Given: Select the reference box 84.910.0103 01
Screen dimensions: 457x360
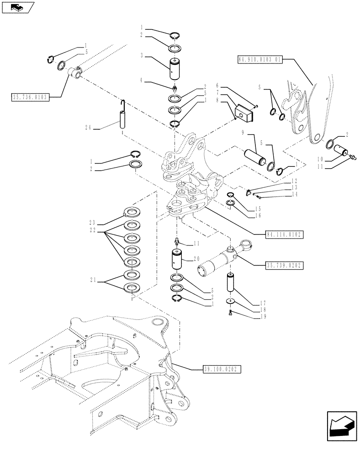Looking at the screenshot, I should [260, 59].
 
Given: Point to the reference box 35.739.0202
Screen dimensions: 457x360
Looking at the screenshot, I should [285, 265].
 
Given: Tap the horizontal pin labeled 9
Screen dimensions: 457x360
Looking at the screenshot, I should [254, 158].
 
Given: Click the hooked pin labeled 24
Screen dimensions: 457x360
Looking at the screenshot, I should [122, 119].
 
